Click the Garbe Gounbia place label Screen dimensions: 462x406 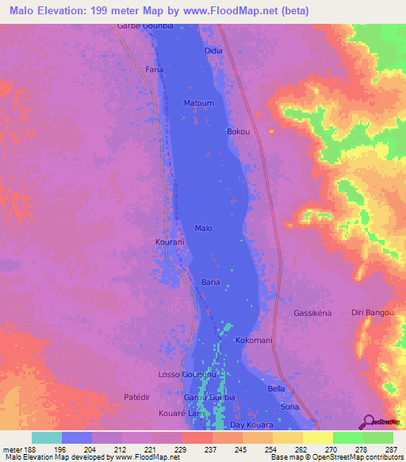tap(145, 26)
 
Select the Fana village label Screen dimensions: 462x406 tap(154, 70)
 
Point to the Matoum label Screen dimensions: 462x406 tap(198, 103)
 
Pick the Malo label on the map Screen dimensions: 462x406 tap(203, 228)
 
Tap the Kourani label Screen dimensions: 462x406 tap(170, 241)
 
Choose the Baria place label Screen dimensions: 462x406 tap(210, 282)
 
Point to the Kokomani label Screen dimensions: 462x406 tap(255, 340)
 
